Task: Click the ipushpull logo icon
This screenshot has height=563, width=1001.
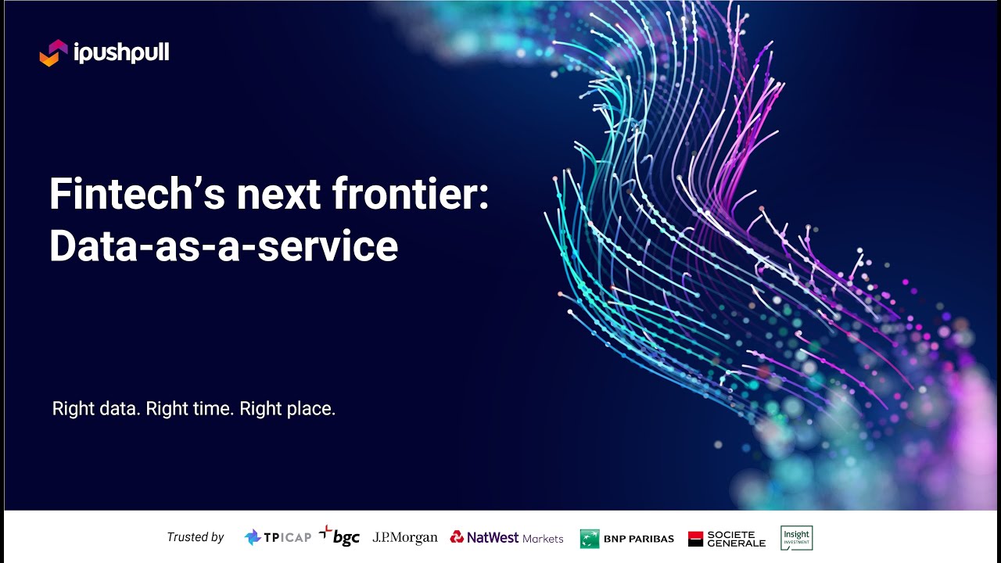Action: tap(54, 53)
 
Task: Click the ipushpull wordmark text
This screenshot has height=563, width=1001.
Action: tap(121, 53)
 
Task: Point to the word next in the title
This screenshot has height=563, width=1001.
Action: tap(280, 194)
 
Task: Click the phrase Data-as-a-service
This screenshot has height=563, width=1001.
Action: tap(224, 246)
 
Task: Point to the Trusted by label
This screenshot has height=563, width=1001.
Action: tap(196, 537)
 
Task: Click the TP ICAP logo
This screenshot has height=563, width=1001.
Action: tap(278, 537)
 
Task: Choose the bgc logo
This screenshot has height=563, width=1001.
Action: tap(339, 536)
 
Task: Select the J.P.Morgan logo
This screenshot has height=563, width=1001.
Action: tap(405, 537)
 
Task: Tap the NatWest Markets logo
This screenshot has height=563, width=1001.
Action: tap(507, 537)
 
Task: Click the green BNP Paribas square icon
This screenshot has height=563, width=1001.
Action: tap(590, 539)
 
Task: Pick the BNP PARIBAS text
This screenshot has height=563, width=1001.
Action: tap(639, 539)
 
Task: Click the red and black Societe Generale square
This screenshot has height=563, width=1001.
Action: tap(696, 539)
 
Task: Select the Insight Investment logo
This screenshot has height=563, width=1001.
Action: tap(796, 537)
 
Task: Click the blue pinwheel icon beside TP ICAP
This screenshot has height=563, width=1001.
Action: tap(253, 537)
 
